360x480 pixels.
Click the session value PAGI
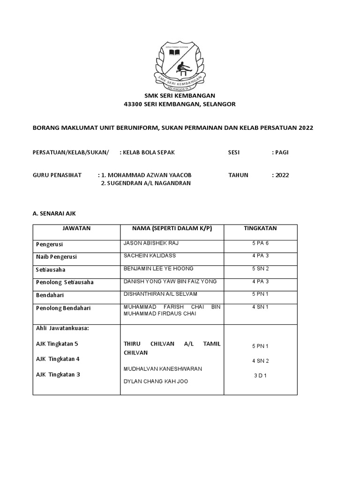click(x=282, y=152)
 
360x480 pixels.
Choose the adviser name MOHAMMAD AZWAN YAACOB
click(x=149, y=175)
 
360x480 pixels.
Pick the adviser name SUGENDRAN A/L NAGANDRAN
click(x=146, y=183)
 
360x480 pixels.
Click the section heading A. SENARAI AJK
click(x=54, y=213)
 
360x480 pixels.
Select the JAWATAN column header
click(x=76, y=228)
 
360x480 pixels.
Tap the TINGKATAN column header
click(x=260, y=228)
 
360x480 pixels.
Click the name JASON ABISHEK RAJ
click(x=151, y=243)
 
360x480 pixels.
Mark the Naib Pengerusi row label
click(x=56, y=257)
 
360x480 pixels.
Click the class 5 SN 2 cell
click(x=260, y=269)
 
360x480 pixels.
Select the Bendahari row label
click(x=50, y=295)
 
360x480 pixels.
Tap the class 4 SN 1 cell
click(x=260, y=307)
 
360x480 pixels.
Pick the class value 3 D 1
click(x=260, y=375)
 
